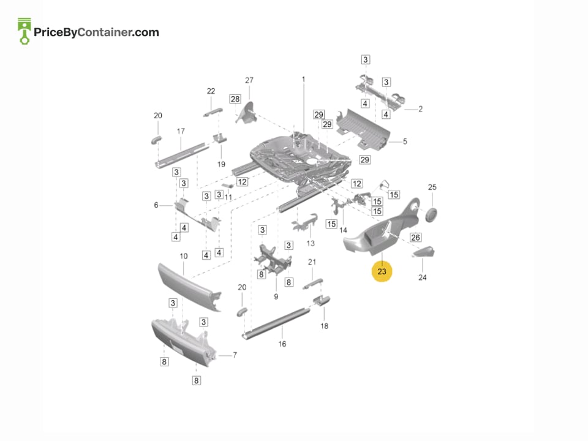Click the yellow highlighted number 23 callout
pyautogui.click(x=382, y=271)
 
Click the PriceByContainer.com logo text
pyautogui.click(x=96, y=32)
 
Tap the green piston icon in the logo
pyautogui.click(x=24, y=31)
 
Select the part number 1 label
pyautogui.click(x=303, y=80)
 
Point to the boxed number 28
pyautogui.click(x=235, y=99)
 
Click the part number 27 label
pyautogui.click(x=249, y=80)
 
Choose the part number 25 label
pyautogui.click(x=432, y=187)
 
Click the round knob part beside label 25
pyautogui.click(x=431, y=214)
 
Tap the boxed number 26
pyautogui.click(x=415, y=238)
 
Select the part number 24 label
pyautogui.click(x=423, y=277)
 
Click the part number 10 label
pyautogui.click(x=183, y=256)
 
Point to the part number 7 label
pyautogui.click(x=235, y=355)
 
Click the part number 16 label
pyautogui.click(x=282, y=344)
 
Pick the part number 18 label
pyautogui.click(x=325, y=326)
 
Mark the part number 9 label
pyautogui.click(x=276, y=296)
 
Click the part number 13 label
pyautogui.click(x=311, y=244)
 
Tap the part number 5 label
pyautogui.click(x=405, y=141)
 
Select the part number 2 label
pyautogui.click(x=420, y=109)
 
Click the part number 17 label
pyautogui.click(x=181, y=131)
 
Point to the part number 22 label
pyautogui.click(x=211, y=91)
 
